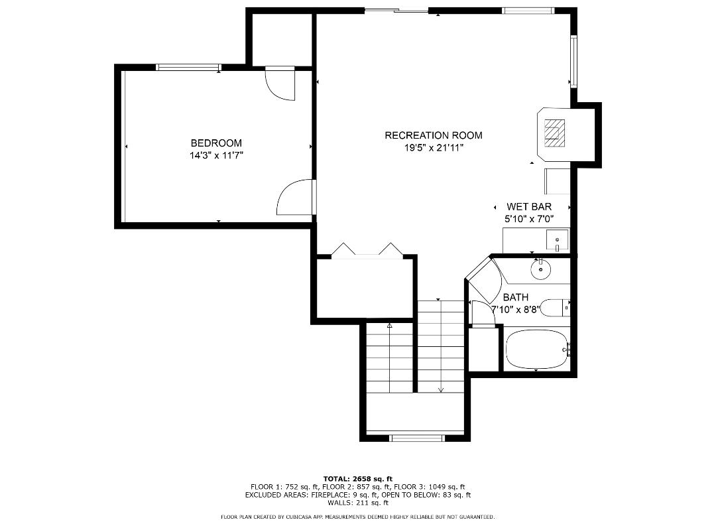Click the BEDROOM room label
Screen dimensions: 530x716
[x=216, y=143]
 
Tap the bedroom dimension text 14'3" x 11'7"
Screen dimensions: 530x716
[x=216, y=156]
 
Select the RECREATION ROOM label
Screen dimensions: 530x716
[x=434, y=135]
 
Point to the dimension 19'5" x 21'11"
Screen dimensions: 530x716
[x=434, y=149]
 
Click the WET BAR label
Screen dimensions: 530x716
[x=528, y=207]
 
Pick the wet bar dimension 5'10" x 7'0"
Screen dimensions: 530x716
[x=528, y=219]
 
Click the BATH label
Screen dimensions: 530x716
[x=515, y=297]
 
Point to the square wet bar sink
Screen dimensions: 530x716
[x=557, y=238]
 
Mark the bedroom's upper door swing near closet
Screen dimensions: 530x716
[x=279, y=84]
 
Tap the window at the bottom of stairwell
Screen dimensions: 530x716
[x=417, y=437]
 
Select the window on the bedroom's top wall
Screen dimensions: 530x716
[x=188, y=67]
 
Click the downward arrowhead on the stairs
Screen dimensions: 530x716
[x=440, y=389]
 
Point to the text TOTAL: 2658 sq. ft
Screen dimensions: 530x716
[x=357, y=478]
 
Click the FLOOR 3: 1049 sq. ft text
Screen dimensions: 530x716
[x=432, y=487]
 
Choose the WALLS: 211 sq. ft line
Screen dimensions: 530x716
[x=357, y=503]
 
